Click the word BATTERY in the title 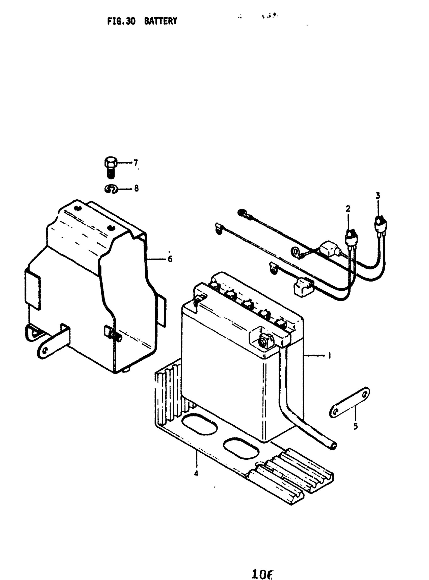pos(160,21)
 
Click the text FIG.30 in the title pos(121,21)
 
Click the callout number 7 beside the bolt pos(136,163)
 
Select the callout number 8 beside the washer pos(136,188)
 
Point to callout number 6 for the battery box pos(170,259)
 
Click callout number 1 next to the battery pos(329,355)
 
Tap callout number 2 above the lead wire pos(348,208)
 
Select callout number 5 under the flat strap pos(356,426)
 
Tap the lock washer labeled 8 pos(111,189)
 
